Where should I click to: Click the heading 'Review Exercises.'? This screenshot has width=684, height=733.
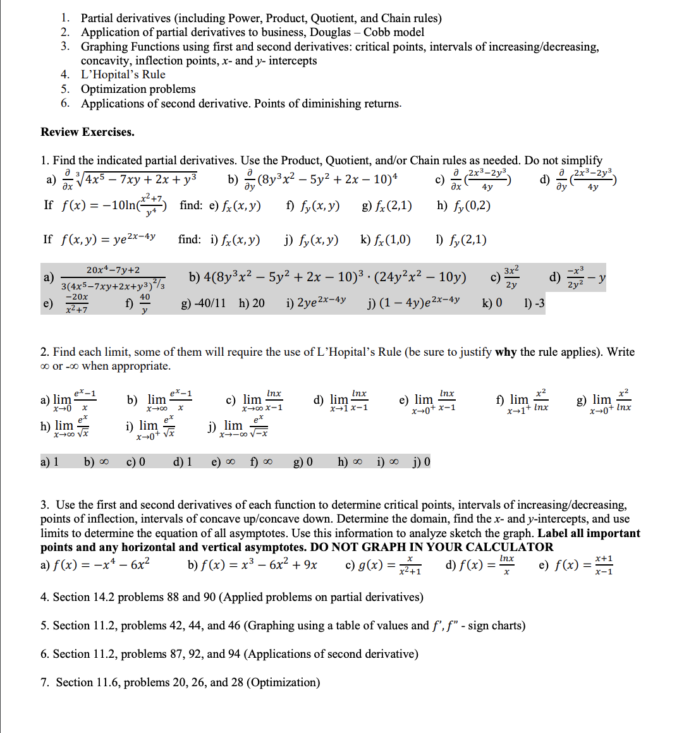(x=87, y=132)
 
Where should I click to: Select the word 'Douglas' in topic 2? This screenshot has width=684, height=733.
(x=330, y=32)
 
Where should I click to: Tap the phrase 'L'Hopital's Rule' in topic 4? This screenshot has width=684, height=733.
(x=123, y=75)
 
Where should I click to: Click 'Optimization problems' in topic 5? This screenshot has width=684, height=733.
(x=138, y=89)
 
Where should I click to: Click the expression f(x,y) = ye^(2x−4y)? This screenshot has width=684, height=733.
(x=108, y=239)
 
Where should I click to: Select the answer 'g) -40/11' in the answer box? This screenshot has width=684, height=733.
(x=203, y=304)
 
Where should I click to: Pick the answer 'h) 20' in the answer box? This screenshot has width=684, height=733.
(x=252, y=304)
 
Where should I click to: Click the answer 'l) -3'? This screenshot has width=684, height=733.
(x=534, y=304)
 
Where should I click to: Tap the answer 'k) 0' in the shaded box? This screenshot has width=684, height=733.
(x=492, y=304)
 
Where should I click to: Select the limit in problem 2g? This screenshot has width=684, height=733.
(x=604, y=401)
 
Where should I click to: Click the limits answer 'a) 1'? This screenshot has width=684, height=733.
(x=49, y=462)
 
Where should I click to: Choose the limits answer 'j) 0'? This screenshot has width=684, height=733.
(x=421, y=462)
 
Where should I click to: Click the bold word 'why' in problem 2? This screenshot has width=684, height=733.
(x=506, y=352)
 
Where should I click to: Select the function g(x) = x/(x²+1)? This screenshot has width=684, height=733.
(x=383, y=564)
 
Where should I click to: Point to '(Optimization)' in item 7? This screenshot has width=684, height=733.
(x=283, y=682)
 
